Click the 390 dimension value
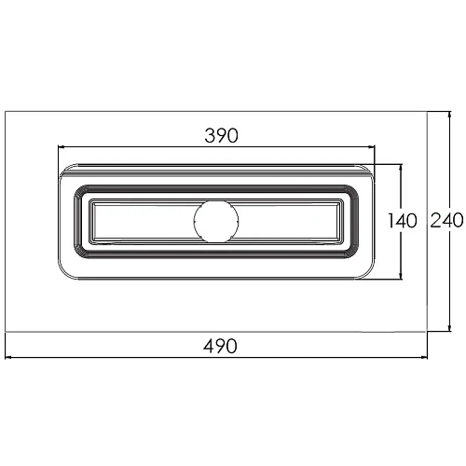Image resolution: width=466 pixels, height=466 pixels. (221, 136)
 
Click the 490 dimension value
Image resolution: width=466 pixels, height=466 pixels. (220, 346)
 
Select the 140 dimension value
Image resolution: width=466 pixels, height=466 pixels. (403, 221)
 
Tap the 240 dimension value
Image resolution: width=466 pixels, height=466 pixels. (446, 220)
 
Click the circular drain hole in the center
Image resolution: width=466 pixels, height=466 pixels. (216, 221)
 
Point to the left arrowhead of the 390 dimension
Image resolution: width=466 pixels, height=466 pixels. (62, 146)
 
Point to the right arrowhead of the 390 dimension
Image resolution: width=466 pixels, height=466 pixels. (372, 146)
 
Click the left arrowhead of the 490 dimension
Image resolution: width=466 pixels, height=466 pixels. (8, 358)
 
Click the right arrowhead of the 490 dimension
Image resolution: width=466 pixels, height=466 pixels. (424, 358)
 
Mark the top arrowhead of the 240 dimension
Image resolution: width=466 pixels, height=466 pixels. (450, 115)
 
